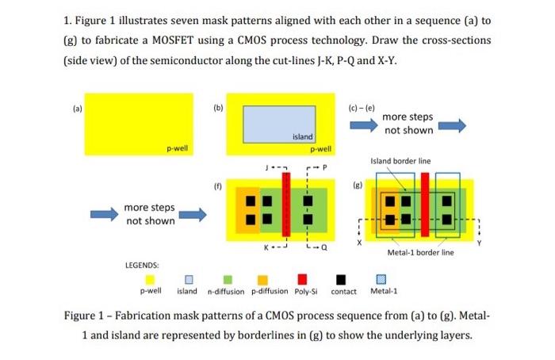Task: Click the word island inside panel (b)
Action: [303, 137]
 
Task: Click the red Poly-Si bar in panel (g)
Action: [425, 205]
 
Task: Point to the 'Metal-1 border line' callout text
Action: [420, 253]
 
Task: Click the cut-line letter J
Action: [268, 167]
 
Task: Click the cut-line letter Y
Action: [478, 243]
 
